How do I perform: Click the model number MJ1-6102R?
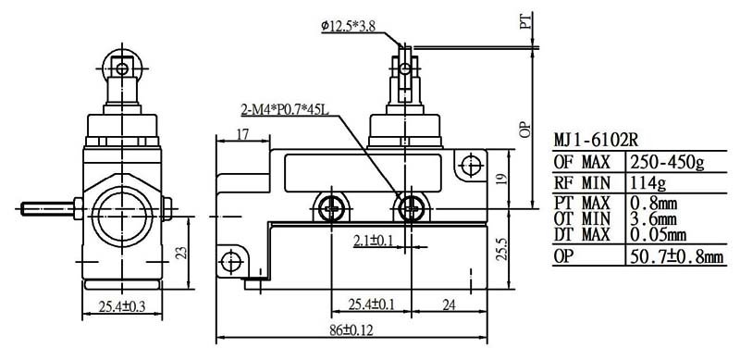click(x=597, y=141)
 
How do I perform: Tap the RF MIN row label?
click(x=582, y=182)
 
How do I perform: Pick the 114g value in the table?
click(x=648, y=182)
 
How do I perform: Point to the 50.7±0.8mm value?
click(x=676, y=256)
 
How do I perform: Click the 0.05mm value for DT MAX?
click(x=658, y=234)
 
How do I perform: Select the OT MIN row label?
click(x=582, y=218)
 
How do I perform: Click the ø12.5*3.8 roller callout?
click(x=349, y=27)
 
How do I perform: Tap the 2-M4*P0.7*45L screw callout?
click(x=285, y=110)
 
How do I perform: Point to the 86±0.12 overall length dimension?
click(x=351, y=330)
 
